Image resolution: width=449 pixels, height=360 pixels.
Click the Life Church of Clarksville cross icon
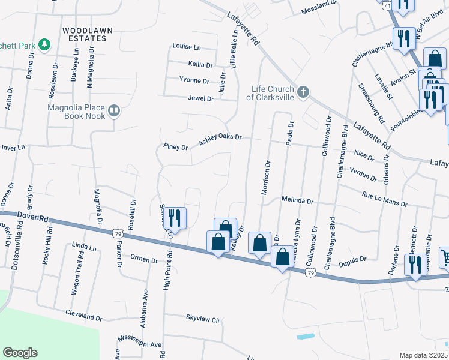pos(303,92)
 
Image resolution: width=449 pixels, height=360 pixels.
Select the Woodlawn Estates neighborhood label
pos(85,34)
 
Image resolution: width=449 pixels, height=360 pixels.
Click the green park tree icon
pos(44,44)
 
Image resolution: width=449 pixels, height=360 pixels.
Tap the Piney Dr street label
pos(175,146)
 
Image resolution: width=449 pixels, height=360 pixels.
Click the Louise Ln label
pos(187,46)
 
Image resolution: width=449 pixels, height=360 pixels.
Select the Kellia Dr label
pos(200,64)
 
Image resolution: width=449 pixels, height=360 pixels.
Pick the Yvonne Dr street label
pos(194,80)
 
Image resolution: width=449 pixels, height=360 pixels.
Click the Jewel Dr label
pos(200,98)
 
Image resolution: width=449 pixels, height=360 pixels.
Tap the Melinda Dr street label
pos(298,201)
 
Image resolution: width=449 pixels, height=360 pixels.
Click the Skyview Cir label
pos(203,320)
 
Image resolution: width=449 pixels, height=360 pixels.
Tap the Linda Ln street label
pos(84,247)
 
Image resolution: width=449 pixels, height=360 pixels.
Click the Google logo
pos(20,352)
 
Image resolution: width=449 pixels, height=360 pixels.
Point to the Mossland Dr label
pos(319,4)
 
